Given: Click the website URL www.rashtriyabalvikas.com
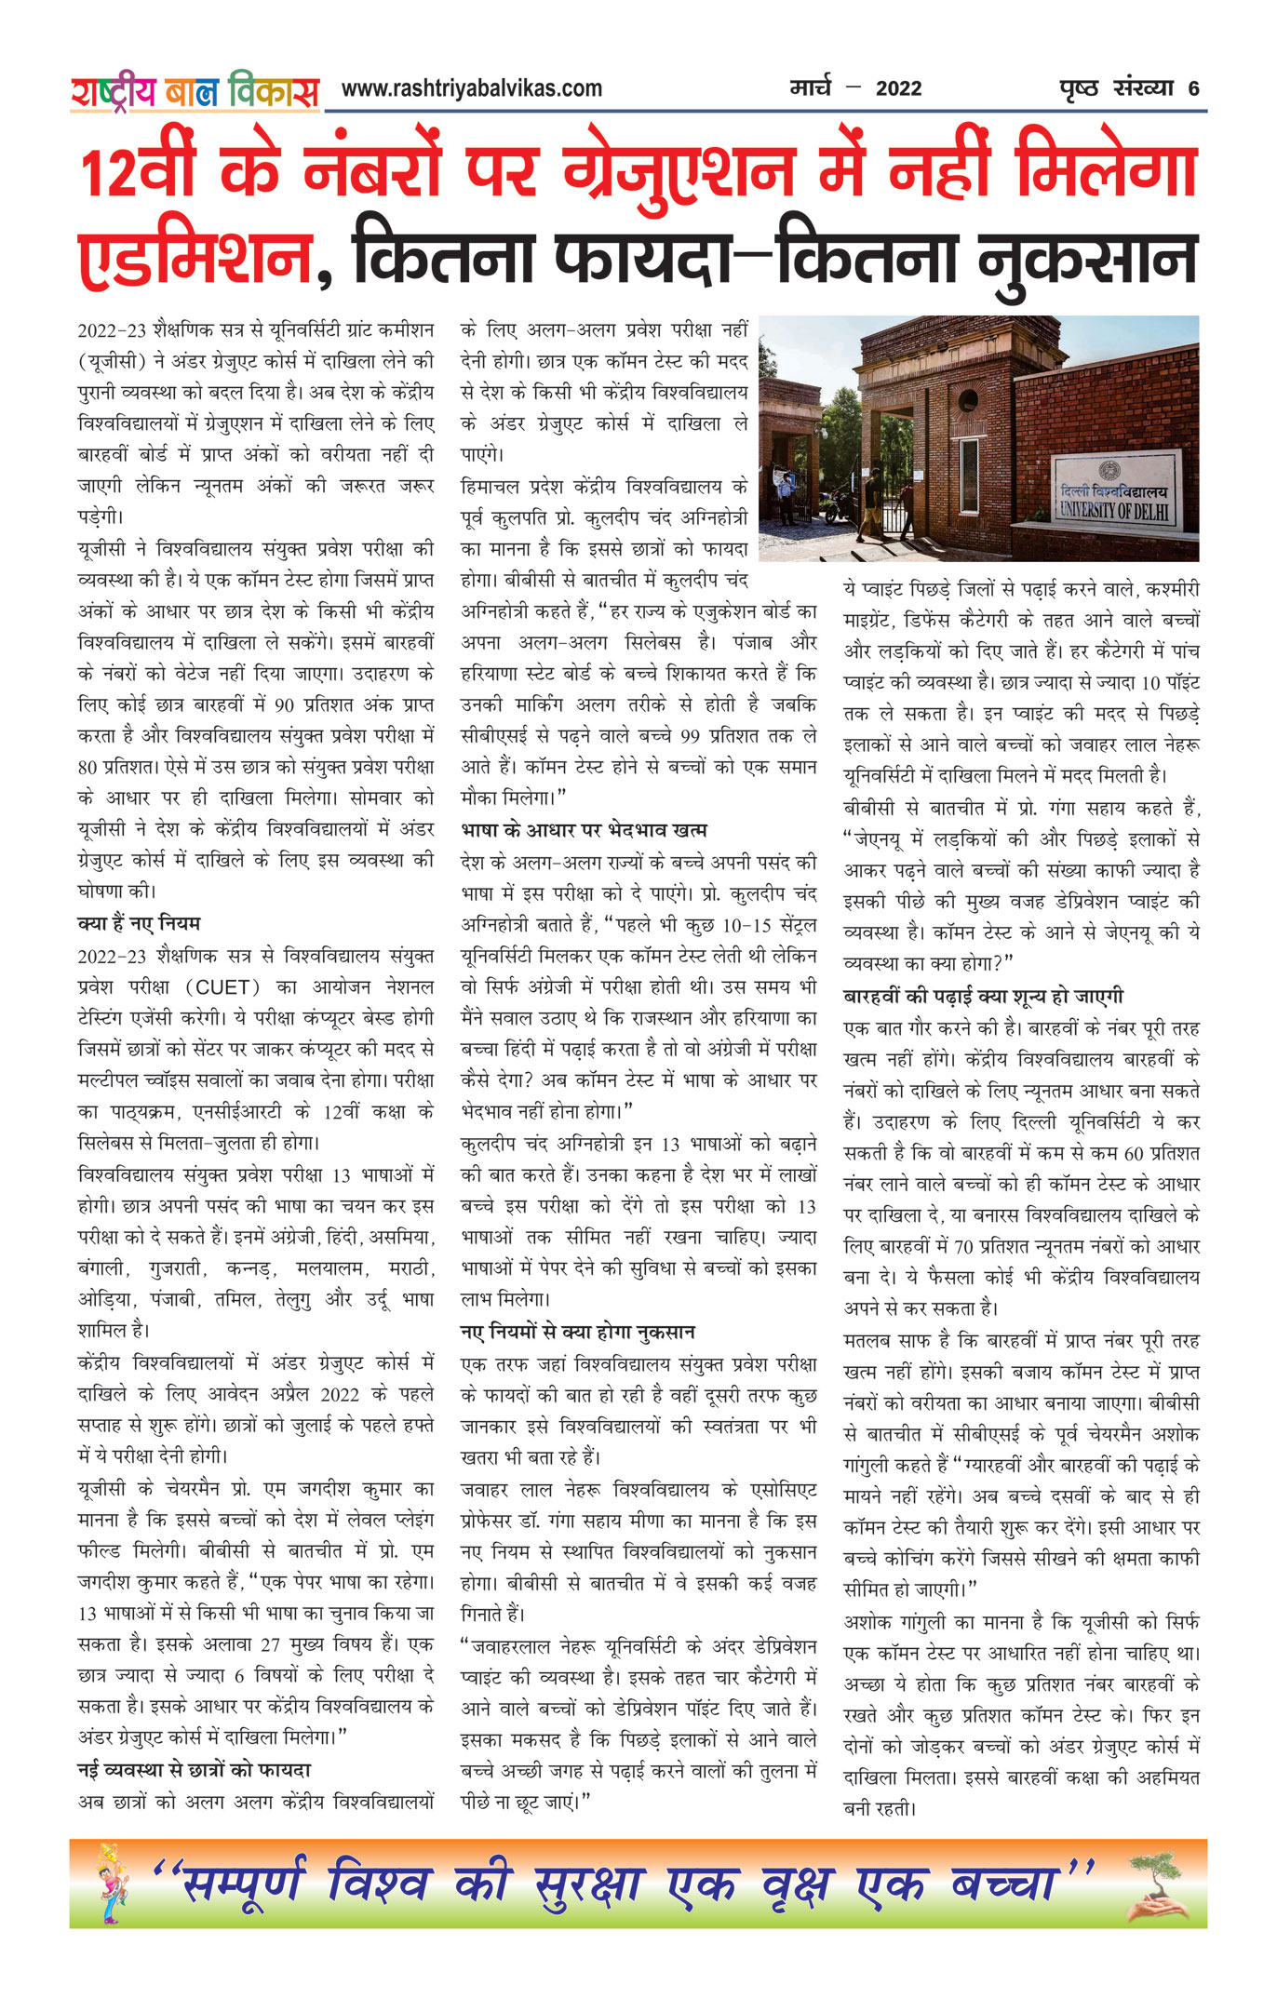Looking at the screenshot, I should click(x=471, y=89).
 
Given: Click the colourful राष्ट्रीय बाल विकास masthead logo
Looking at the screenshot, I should click(x=195, y=91).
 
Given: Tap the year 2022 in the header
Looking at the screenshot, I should click(x=898, y=89).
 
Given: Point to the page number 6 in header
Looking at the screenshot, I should click(x=1193, y=89).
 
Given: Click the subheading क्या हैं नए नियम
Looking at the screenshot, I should click(x=139, y=923).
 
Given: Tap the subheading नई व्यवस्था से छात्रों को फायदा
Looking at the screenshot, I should click(x=194, y=1769).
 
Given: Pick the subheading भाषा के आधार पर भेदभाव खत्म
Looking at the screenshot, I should click(x=584, y=829).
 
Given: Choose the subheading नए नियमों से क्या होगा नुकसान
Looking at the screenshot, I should click(x=578, y=1332).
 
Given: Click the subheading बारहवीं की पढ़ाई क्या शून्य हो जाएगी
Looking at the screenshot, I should click(x=983, y=996).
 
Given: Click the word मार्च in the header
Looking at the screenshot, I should click(x=810, y=88).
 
